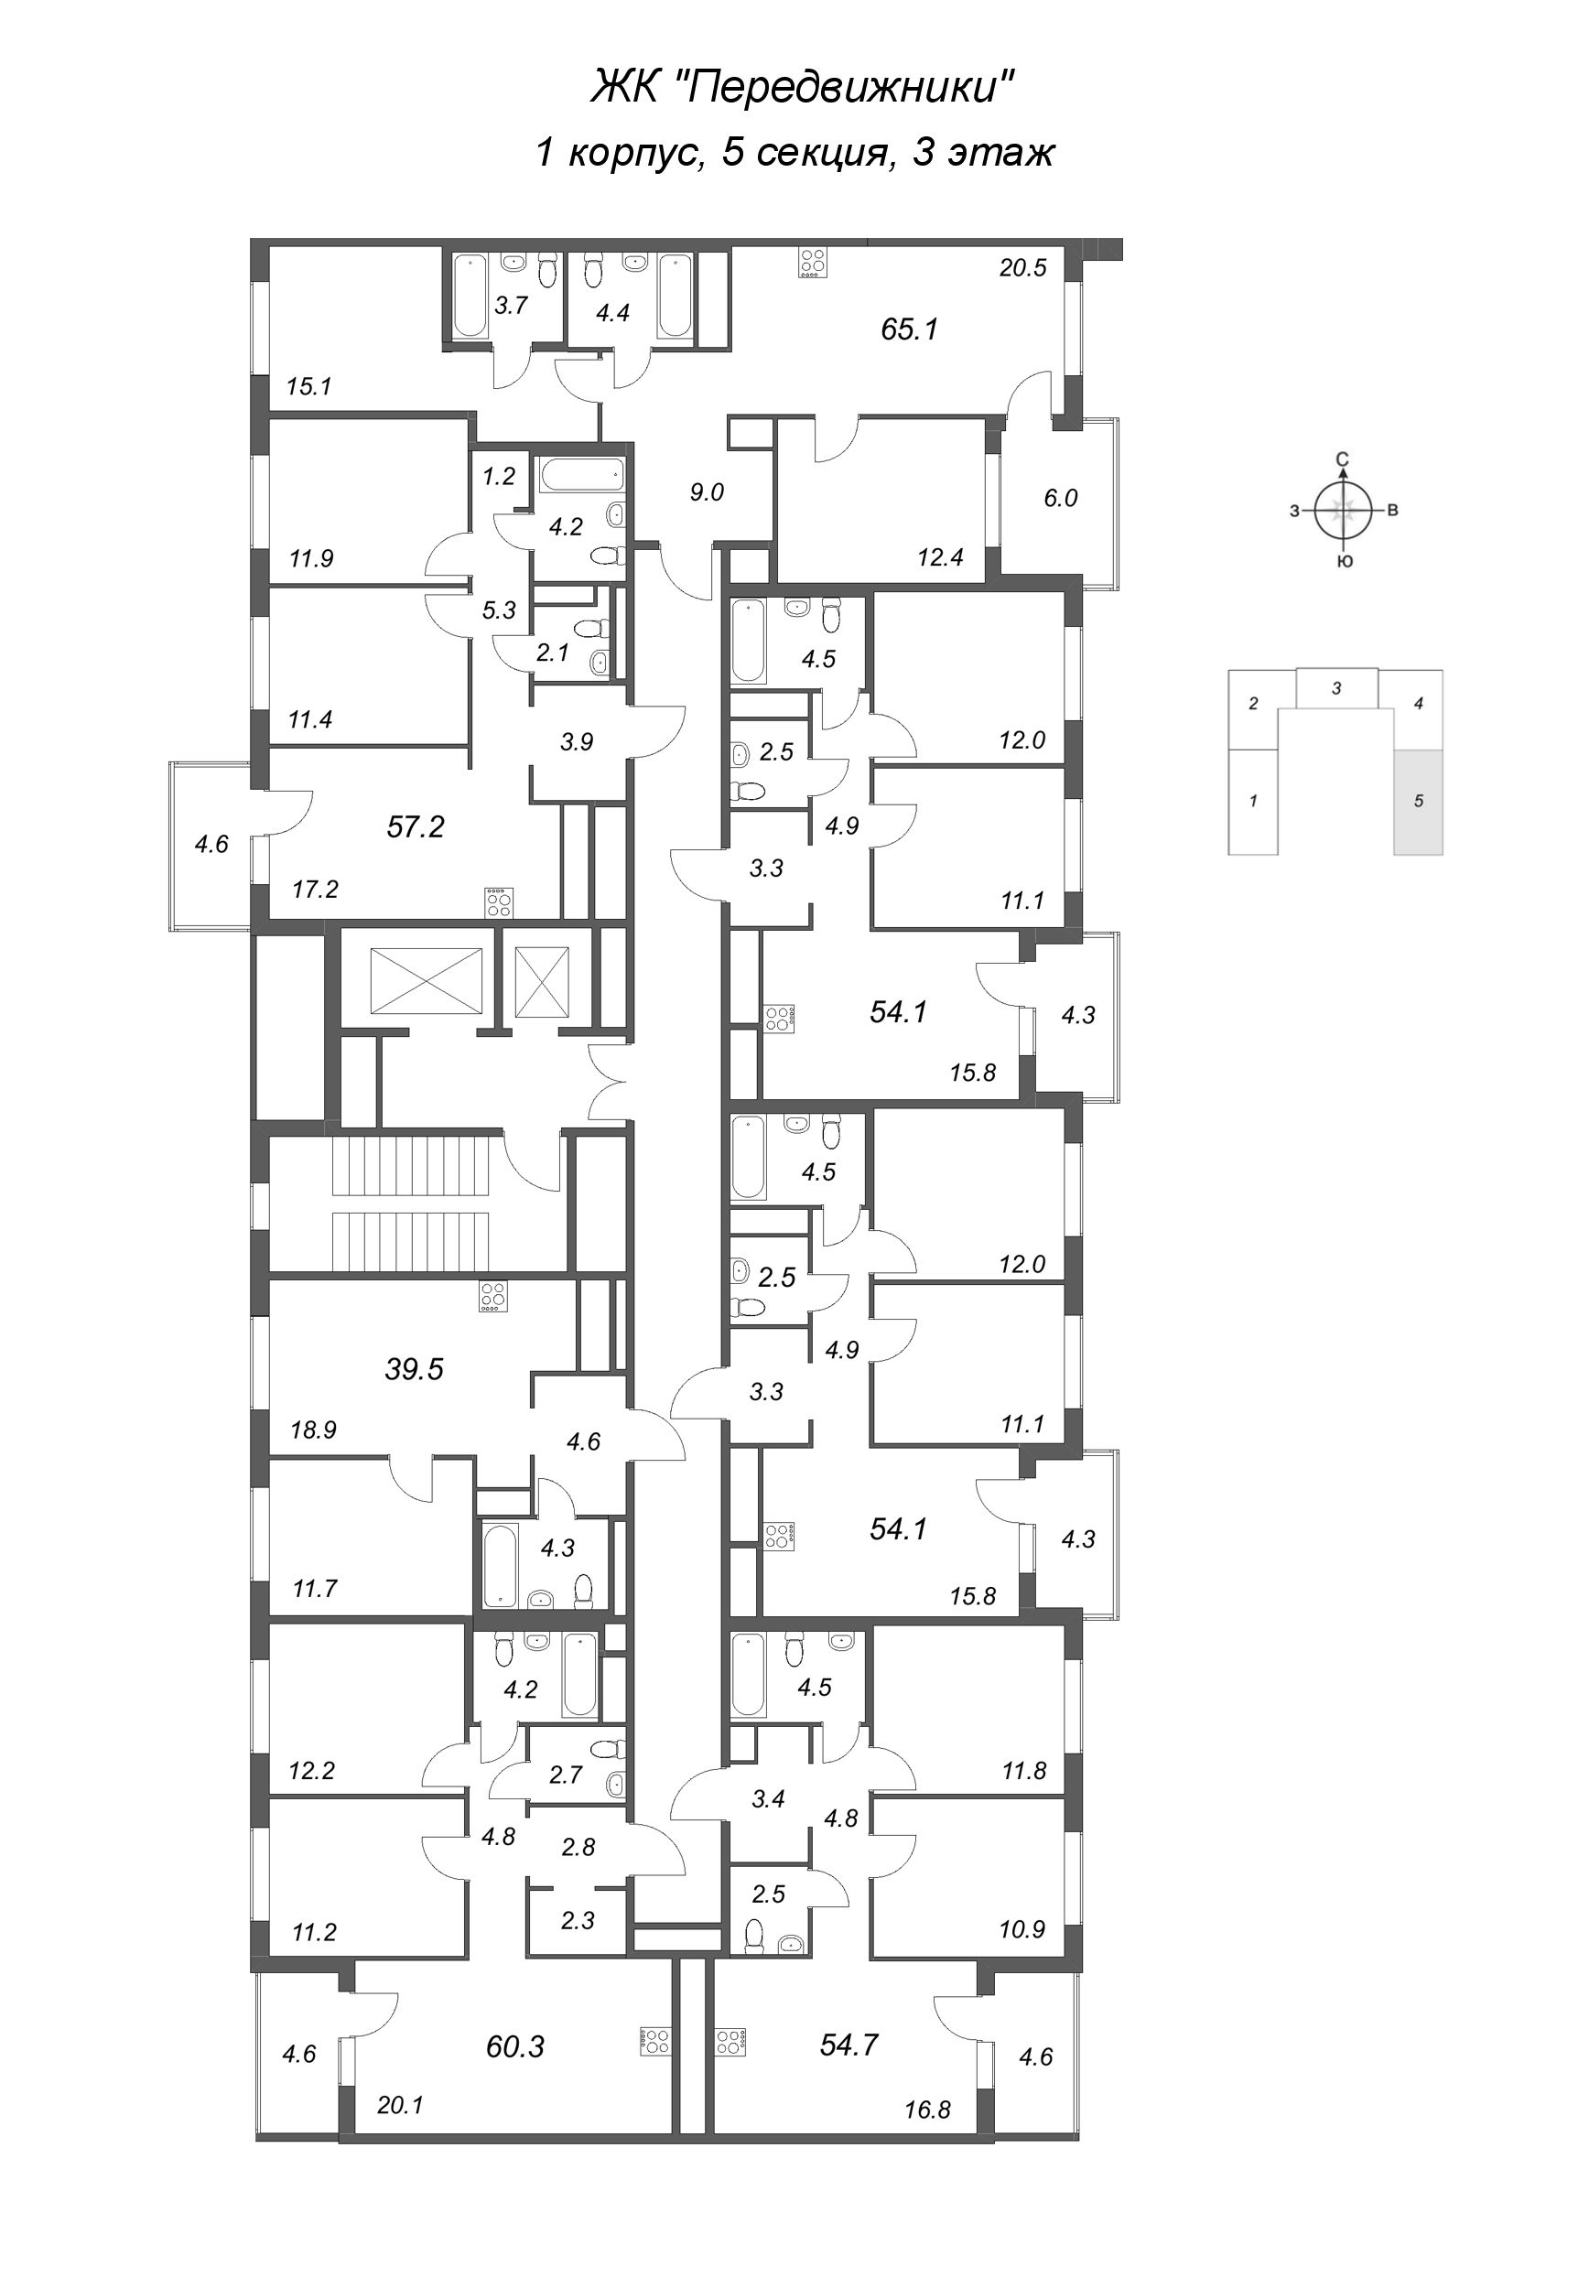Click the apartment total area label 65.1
pos(909,329)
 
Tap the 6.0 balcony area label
pos(1060,498)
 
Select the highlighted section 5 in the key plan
pos(1418,801)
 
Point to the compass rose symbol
pos(1343,512)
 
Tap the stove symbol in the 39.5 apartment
pos(492,1297)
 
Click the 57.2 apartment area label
pos(416,826)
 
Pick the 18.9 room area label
pos(314,1430)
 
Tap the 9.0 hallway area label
pos(706,491)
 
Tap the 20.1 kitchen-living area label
pos(400,2105)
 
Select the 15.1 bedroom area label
pos(308,386)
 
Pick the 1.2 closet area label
pos(498,477)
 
